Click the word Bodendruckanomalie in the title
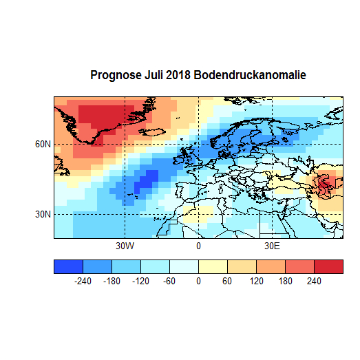point(251,74)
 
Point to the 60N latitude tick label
point(43,144)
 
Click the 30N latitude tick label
point(43,214)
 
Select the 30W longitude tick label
point(125,246)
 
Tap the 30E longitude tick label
point(272,246)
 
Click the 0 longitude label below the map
point(198,246)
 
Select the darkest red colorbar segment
point(328,266)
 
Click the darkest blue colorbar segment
point(68,266)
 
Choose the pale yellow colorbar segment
point(213,266)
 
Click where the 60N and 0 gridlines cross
point(198,144)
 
